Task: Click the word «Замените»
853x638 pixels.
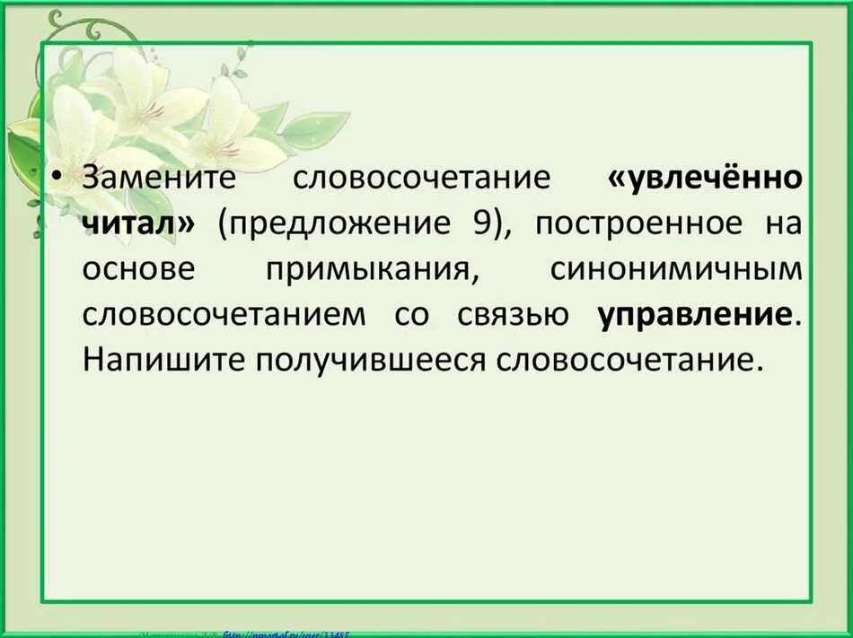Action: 158,176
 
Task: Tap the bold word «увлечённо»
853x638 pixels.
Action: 706,177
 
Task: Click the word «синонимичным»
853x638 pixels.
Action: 676,269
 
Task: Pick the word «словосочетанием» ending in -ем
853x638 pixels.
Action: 224,315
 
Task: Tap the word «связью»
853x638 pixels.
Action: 511,315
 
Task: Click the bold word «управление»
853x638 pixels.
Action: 695,315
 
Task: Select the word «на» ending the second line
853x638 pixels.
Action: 783,223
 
